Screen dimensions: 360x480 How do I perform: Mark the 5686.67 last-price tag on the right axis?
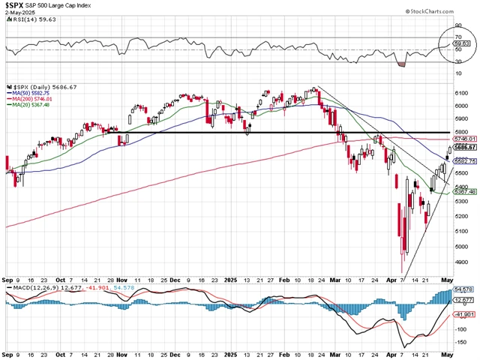[x=466, y=148]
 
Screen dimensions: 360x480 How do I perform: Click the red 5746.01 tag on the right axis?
[x=466, y=139]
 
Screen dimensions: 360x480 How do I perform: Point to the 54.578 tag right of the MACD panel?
[x=465, y=289]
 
